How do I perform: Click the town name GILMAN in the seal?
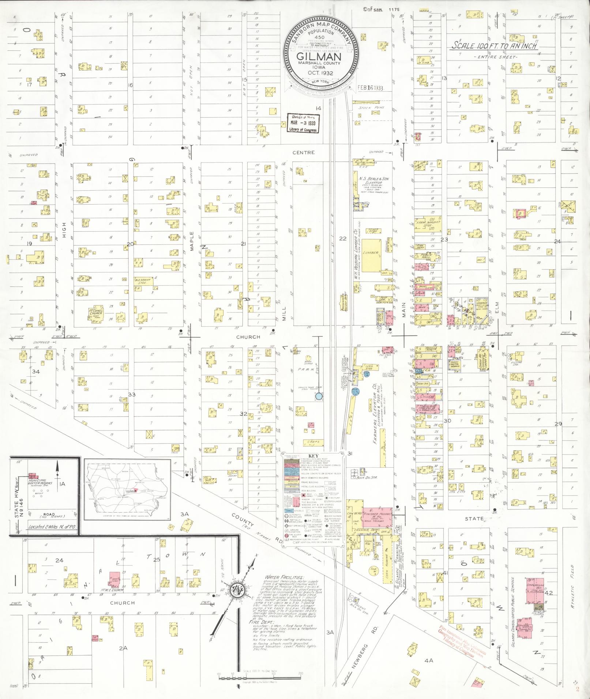[x=319, y=57]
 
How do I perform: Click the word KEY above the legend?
[x=313, y=456]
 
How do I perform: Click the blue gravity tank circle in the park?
[x=319, y=396]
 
